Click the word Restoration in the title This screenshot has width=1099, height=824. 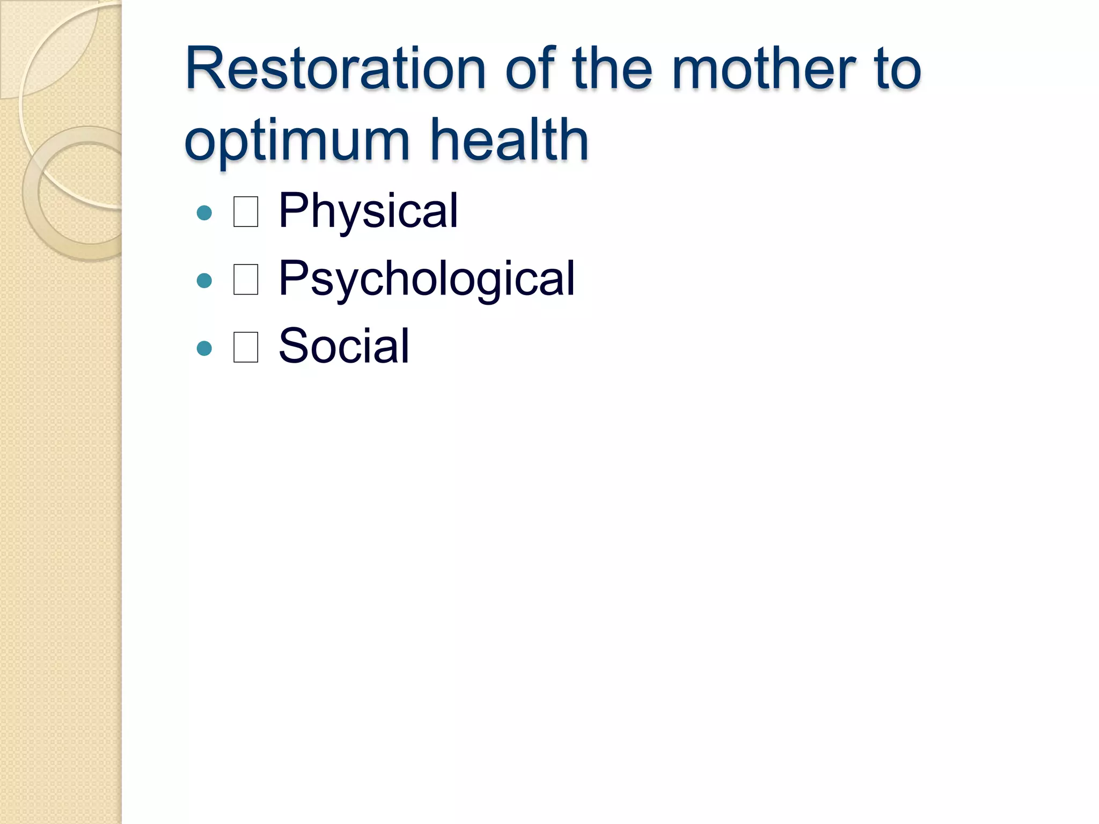335,70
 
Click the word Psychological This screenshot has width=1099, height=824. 427,279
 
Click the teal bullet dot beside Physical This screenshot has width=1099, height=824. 204,213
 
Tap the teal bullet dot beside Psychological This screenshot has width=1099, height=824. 204,281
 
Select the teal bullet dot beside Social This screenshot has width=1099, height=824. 204,349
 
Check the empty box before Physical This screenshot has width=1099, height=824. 246,212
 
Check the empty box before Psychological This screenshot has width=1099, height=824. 246,279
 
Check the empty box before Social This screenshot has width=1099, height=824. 246,347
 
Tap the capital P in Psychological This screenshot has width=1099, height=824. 293,277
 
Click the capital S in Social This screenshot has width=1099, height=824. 293,346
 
